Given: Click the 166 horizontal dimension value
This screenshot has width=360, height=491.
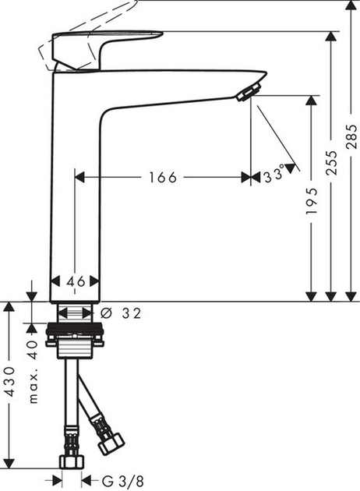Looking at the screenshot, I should coord(162,178).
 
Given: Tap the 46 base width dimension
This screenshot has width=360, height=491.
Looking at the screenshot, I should coord(75,281).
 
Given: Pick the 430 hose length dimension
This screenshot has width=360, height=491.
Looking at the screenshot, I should coord(9,382).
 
